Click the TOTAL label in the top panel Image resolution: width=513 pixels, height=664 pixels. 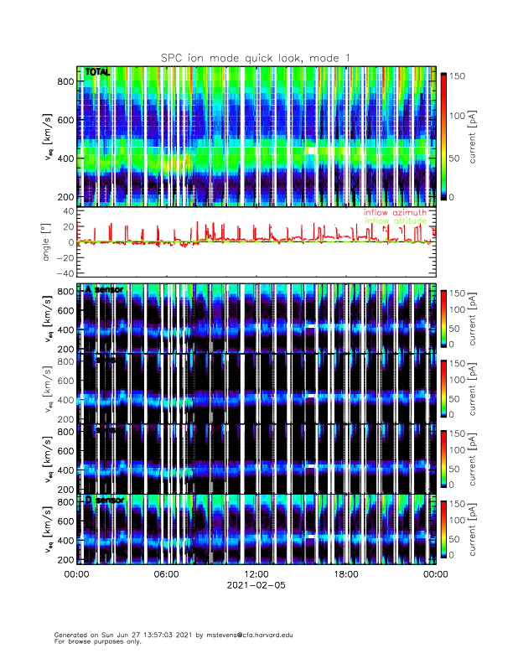pyautogui.click(x=97, y=73)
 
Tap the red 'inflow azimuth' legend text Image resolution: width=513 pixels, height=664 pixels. pyautogui.click(x=395, y=213)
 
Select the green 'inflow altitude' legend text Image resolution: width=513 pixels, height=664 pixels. pyautogui.click(x=395, y=220)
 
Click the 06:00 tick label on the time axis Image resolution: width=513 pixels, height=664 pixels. pyautogui.click(x=166, y=575)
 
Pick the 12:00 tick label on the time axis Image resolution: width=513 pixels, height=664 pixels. pyautogui.click(x=256, y=575)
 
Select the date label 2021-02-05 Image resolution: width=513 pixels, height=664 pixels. pyautogui.click(x=256, y=586)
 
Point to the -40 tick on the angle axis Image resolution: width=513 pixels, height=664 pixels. pyautogui.click(x=60, y=273)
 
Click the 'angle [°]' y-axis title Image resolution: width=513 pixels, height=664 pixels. pyautogui.click(x=45, y=242)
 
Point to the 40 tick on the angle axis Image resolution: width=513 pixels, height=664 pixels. pyautogui.click(x=64, y=212)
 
